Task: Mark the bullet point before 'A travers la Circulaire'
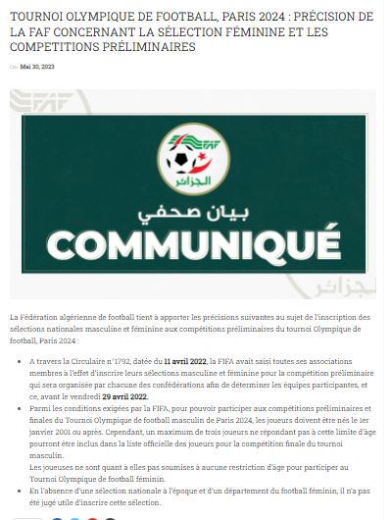[21, 363]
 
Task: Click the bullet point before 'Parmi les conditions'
[21, 406]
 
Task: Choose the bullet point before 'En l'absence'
[21, 489]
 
